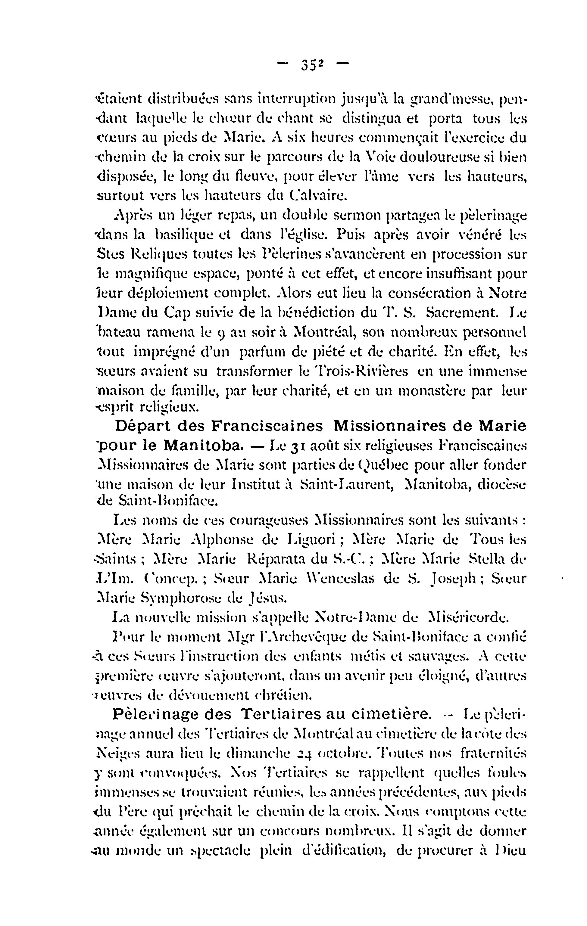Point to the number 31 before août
(298, 446)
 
